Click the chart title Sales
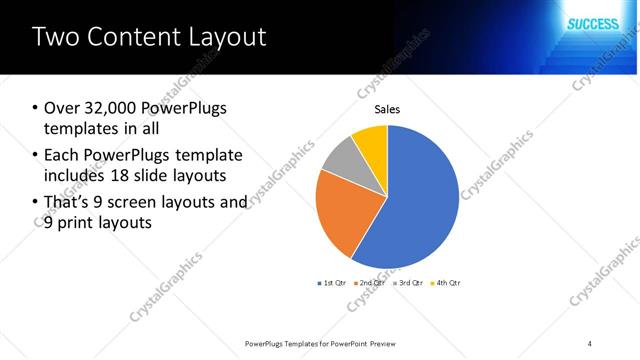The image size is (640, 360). pyautogui.click(x=387, y=109)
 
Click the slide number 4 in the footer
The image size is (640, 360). pyautogui.click(x=590, y=343)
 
